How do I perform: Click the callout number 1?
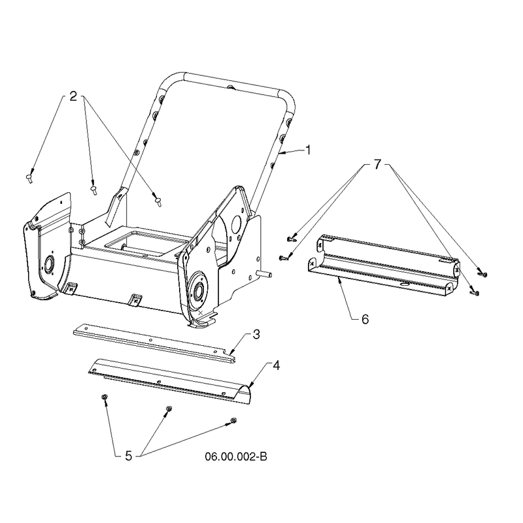click(309, 150)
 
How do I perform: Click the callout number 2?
click(73, 96)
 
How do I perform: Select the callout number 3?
click(256, 334)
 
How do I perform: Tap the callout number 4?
click(276, 365)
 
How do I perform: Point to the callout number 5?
click(129, 456)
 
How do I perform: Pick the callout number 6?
click(365, 319)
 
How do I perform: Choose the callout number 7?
click(377, 164)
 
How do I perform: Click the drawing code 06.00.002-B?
click(236, 456)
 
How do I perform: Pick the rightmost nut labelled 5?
click(233, 420)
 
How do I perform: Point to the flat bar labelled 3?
click(154, 342)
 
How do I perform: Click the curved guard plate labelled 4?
click(169, 379)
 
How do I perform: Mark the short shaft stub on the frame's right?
click(264, 274)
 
